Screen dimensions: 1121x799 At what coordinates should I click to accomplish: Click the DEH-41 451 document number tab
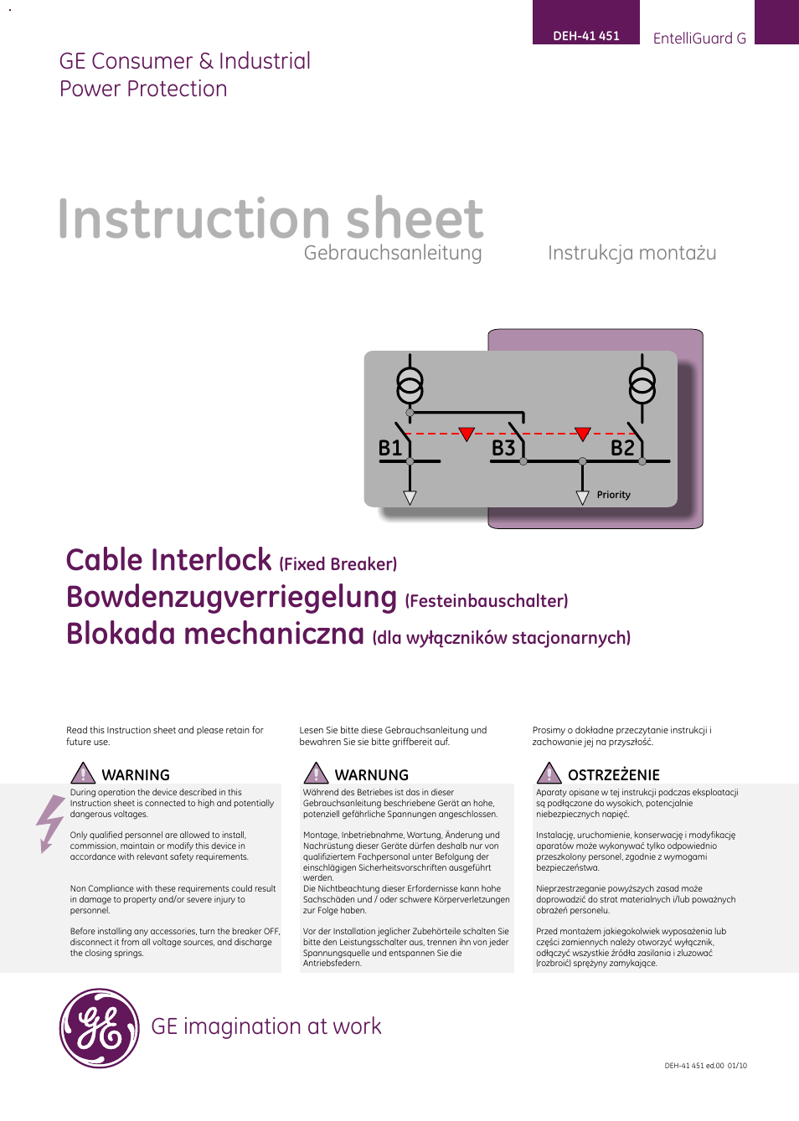click(585, 35)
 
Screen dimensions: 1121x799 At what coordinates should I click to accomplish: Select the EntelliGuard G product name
click(698, 39)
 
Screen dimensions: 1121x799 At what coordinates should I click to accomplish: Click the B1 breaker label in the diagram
click(390, 449)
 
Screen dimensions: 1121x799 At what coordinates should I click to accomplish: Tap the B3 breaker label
click(503, 449)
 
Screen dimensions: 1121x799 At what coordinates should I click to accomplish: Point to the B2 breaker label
click(622, 449)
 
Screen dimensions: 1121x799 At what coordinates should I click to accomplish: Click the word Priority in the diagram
click(613, 495)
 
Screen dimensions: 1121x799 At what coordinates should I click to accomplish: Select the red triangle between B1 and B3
click(467, 434)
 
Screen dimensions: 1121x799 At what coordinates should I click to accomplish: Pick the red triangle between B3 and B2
click(583, 434)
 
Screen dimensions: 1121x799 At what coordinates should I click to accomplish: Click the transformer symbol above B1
click(410, 385)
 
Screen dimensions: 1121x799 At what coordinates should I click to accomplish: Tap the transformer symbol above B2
click(642, 385)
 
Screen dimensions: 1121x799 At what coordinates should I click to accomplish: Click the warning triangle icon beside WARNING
click(83, 774)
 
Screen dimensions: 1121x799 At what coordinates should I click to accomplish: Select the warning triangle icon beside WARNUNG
click(316, 774)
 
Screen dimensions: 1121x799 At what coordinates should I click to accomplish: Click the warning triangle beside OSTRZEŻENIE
click(549, 774)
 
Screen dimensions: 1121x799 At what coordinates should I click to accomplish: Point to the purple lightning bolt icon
click(50, 823)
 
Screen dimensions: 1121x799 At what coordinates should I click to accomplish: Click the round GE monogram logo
click(99, 1028)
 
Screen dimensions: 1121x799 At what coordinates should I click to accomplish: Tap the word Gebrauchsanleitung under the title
click(393, 253)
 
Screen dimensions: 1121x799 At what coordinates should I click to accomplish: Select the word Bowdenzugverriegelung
click(231, 598)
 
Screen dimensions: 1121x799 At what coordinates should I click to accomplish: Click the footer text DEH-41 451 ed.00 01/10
click(705, 1066)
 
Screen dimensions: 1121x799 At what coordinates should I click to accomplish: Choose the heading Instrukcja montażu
click(631, 253)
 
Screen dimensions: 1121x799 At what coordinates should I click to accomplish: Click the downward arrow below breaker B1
click(410, 497)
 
